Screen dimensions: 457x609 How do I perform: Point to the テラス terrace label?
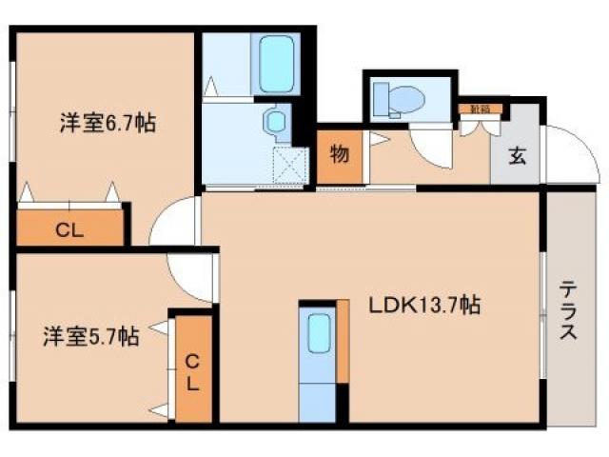pyautogui.click(x=567, y=309)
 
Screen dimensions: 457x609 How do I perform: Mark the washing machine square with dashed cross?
pyautogui.click(x=288, y=164)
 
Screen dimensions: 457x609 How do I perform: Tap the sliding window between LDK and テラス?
pyautogui.click(x=543, y=314)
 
